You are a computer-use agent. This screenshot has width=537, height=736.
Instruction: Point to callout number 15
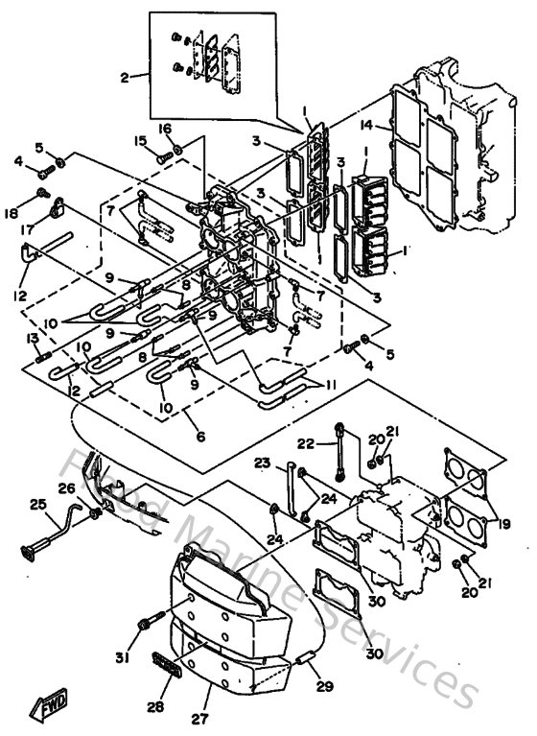(141, 141)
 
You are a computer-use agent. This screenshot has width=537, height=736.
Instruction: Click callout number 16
(164, 128)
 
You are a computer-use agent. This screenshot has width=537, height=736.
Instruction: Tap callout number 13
(33, 339)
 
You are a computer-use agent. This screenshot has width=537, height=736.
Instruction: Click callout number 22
(305, 442)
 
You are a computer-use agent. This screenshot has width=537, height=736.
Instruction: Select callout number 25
(37, 504)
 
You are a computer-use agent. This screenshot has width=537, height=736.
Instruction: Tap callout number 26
(66, 487)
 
